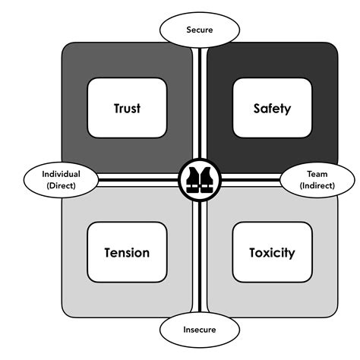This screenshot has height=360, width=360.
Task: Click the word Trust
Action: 126,108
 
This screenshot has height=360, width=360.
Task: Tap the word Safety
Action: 272,108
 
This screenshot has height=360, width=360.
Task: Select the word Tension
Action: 126,252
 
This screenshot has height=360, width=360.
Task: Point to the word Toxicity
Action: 272,252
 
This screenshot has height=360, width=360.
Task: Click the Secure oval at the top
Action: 200,31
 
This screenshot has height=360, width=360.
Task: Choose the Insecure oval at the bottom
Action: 200,330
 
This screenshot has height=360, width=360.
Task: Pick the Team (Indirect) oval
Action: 317,179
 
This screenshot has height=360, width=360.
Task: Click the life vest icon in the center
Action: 199,180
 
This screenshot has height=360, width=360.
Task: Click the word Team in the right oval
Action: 317,173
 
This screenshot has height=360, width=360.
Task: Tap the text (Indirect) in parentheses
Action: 317,185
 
